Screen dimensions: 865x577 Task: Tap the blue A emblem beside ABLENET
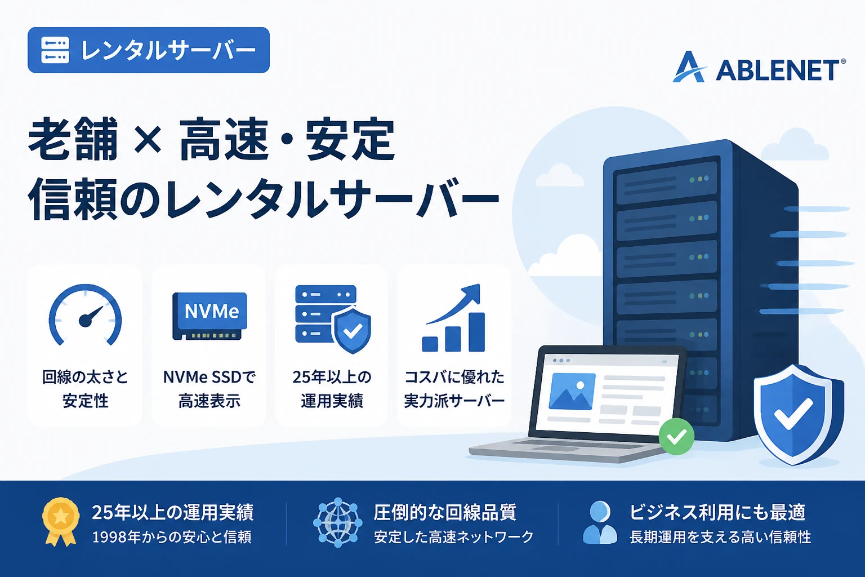690,67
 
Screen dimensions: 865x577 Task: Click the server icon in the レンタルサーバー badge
55,50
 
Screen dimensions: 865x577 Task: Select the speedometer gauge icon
85,315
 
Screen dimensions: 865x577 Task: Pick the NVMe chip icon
209,316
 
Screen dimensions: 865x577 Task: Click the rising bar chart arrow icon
454,318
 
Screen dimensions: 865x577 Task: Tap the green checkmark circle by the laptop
676,436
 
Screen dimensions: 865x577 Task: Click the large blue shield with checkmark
798,414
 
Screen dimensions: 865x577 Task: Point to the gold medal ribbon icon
61,521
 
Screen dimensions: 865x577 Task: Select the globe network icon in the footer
337,522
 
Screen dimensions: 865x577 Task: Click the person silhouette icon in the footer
600,522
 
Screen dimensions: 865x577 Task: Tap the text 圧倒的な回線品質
445,512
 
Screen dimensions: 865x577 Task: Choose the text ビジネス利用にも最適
717,512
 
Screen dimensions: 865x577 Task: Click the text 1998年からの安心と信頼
172,537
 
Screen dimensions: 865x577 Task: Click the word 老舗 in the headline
73,139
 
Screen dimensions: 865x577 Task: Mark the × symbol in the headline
148,140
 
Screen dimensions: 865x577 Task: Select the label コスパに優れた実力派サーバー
454,389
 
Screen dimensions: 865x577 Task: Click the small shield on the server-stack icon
352,330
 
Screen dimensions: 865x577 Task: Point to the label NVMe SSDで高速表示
209,389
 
